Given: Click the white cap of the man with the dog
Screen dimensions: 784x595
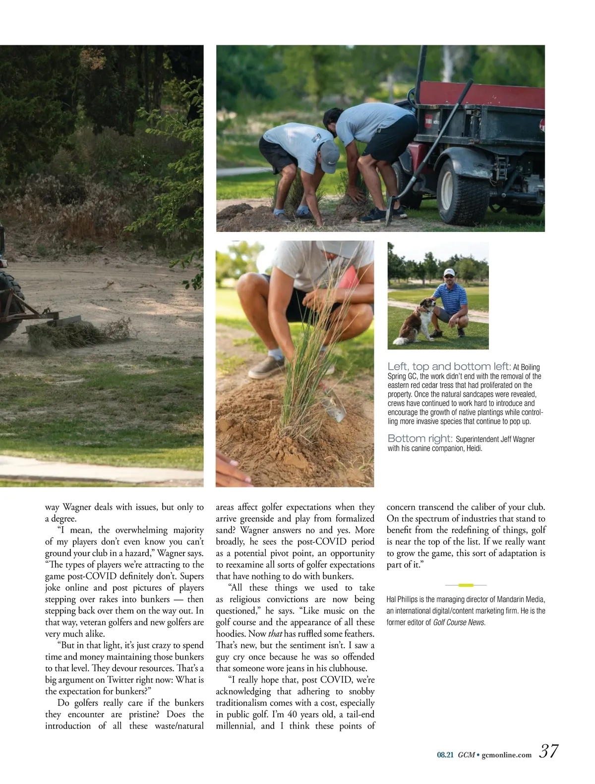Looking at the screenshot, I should pyautogui.click(x=449, y=273).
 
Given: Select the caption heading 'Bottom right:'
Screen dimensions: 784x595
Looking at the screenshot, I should pyautogui.click(x=419, y=439).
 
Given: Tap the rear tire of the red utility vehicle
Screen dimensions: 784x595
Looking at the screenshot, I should pyautogui.click(x=463, y=191).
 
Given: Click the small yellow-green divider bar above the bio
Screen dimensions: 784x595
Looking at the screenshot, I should pyautogui.click(x=466, y=585).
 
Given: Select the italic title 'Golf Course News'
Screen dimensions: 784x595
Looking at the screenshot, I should pyautogui.click(x=459, y=622).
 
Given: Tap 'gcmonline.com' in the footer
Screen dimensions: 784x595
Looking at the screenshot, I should pyautogui.click(x=506, y=755).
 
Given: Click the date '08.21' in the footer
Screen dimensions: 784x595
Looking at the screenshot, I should pyautogui.click(x=445, y=755).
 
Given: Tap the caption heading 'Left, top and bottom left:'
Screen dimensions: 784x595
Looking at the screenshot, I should pyautogui.click(x=449, y=367).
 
